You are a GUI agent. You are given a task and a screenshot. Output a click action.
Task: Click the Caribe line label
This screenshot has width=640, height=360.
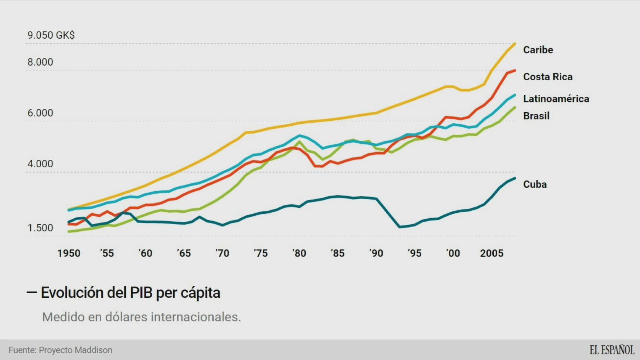click(x=538, y=50)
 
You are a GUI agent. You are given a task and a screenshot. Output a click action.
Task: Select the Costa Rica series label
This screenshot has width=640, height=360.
click(x=548, y=77)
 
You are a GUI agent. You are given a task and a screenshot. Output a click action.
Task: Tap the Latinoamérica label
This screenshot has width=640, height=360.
click(x=556, y=99)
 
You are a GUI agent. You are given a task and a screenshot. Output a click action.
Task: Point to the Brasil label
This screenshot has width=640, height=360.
click(x=536, y=116)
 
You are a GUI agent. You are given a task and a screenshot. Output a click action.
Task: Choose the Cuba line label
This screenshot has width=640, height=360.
click(x=535, y=184)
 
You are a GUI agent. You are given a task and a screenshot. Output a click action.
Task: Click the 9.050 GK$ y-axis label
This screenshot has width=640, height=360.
click(x=51, y=35)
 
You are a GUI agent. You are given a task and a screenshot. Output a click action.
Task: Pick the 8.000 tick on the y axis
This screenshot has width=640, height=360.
click(x=40, y=62)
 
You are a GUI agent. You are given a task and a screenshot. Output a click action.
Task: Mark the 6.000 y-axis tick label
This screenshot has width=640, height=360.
click(x=40, y=113)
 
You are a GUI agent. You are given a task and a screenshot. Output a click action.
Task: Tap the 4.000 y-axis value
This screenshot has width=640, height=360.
click(x=40, y=164)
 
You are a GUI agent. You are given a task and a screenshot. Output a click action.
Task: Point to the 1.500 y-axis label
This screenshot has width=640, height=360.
click(x=40, y=228)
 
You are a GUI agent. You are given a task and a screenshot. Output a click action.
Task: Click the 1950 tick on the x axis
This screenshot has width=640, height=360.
click(x=69, y=253)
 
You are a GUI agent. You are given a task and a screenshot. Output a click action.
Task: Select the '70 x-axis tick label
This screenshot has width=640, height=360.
click(x=222, y=253)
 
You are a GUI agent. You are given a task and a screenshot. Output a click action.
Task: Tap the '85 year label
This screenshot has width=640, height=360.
click(x=337, y=253)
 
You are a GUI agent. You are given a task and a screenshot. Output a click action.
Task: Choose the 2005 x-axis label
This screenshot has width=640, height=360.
click(x=491, y=253)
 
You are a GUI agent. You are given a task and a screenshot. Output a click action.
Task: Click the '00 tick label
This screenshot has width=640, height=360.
click(x=453, y=253)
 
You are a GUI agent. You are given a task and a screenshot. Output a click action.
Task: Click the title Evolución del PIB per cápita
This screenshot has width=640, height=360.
click(x=130, y=293)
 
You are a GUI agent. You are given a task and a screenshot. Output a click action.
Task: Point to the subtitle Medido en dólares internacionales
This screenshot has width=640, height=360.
click(x=141, y=317)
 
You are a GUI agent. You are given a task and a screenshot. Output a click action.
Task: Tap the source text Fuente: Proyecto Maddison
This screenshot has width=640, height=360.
click(x=60, y=350)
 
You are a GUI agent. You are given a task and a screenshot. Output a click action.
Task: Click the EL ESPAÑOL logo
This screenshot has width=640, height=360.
click(x=611, y=350)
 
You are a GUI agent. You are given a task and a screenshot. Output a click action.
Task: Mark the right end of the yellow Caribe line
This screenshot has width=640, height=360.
click(x=514, y=44)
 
